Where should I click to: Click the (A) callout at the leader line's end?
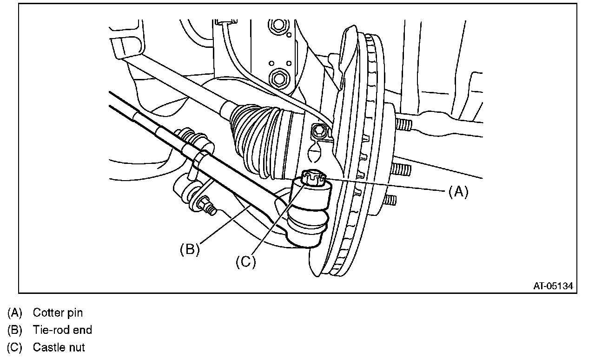pyautogui.click(x=458, y=191)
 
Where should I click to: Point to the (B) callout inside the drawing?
pyautogui.click(x=190, y=249)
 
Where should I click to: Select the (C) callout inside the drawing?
pyautogui.click(x=245, y=262)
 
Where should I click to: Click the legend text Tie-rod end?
pyautogui.click(x=62, y=330)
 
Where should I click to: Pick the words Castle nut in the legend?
pyautogui.click(x=59, y=347)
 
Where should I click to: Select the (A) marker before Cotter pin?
pyautogui.click(x=15, y=312)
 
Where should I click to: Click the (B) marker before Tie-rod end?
pyautogui.click(x=15, y=330)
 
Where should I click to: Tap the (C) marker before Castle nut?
pyautogui.click(x=15, y=347)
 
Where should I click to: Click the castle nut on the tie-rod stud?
pyautogui.click(x=312, y=178)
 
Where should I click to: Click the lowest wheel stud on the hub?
pyautogui.click(x=391, y=200)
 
